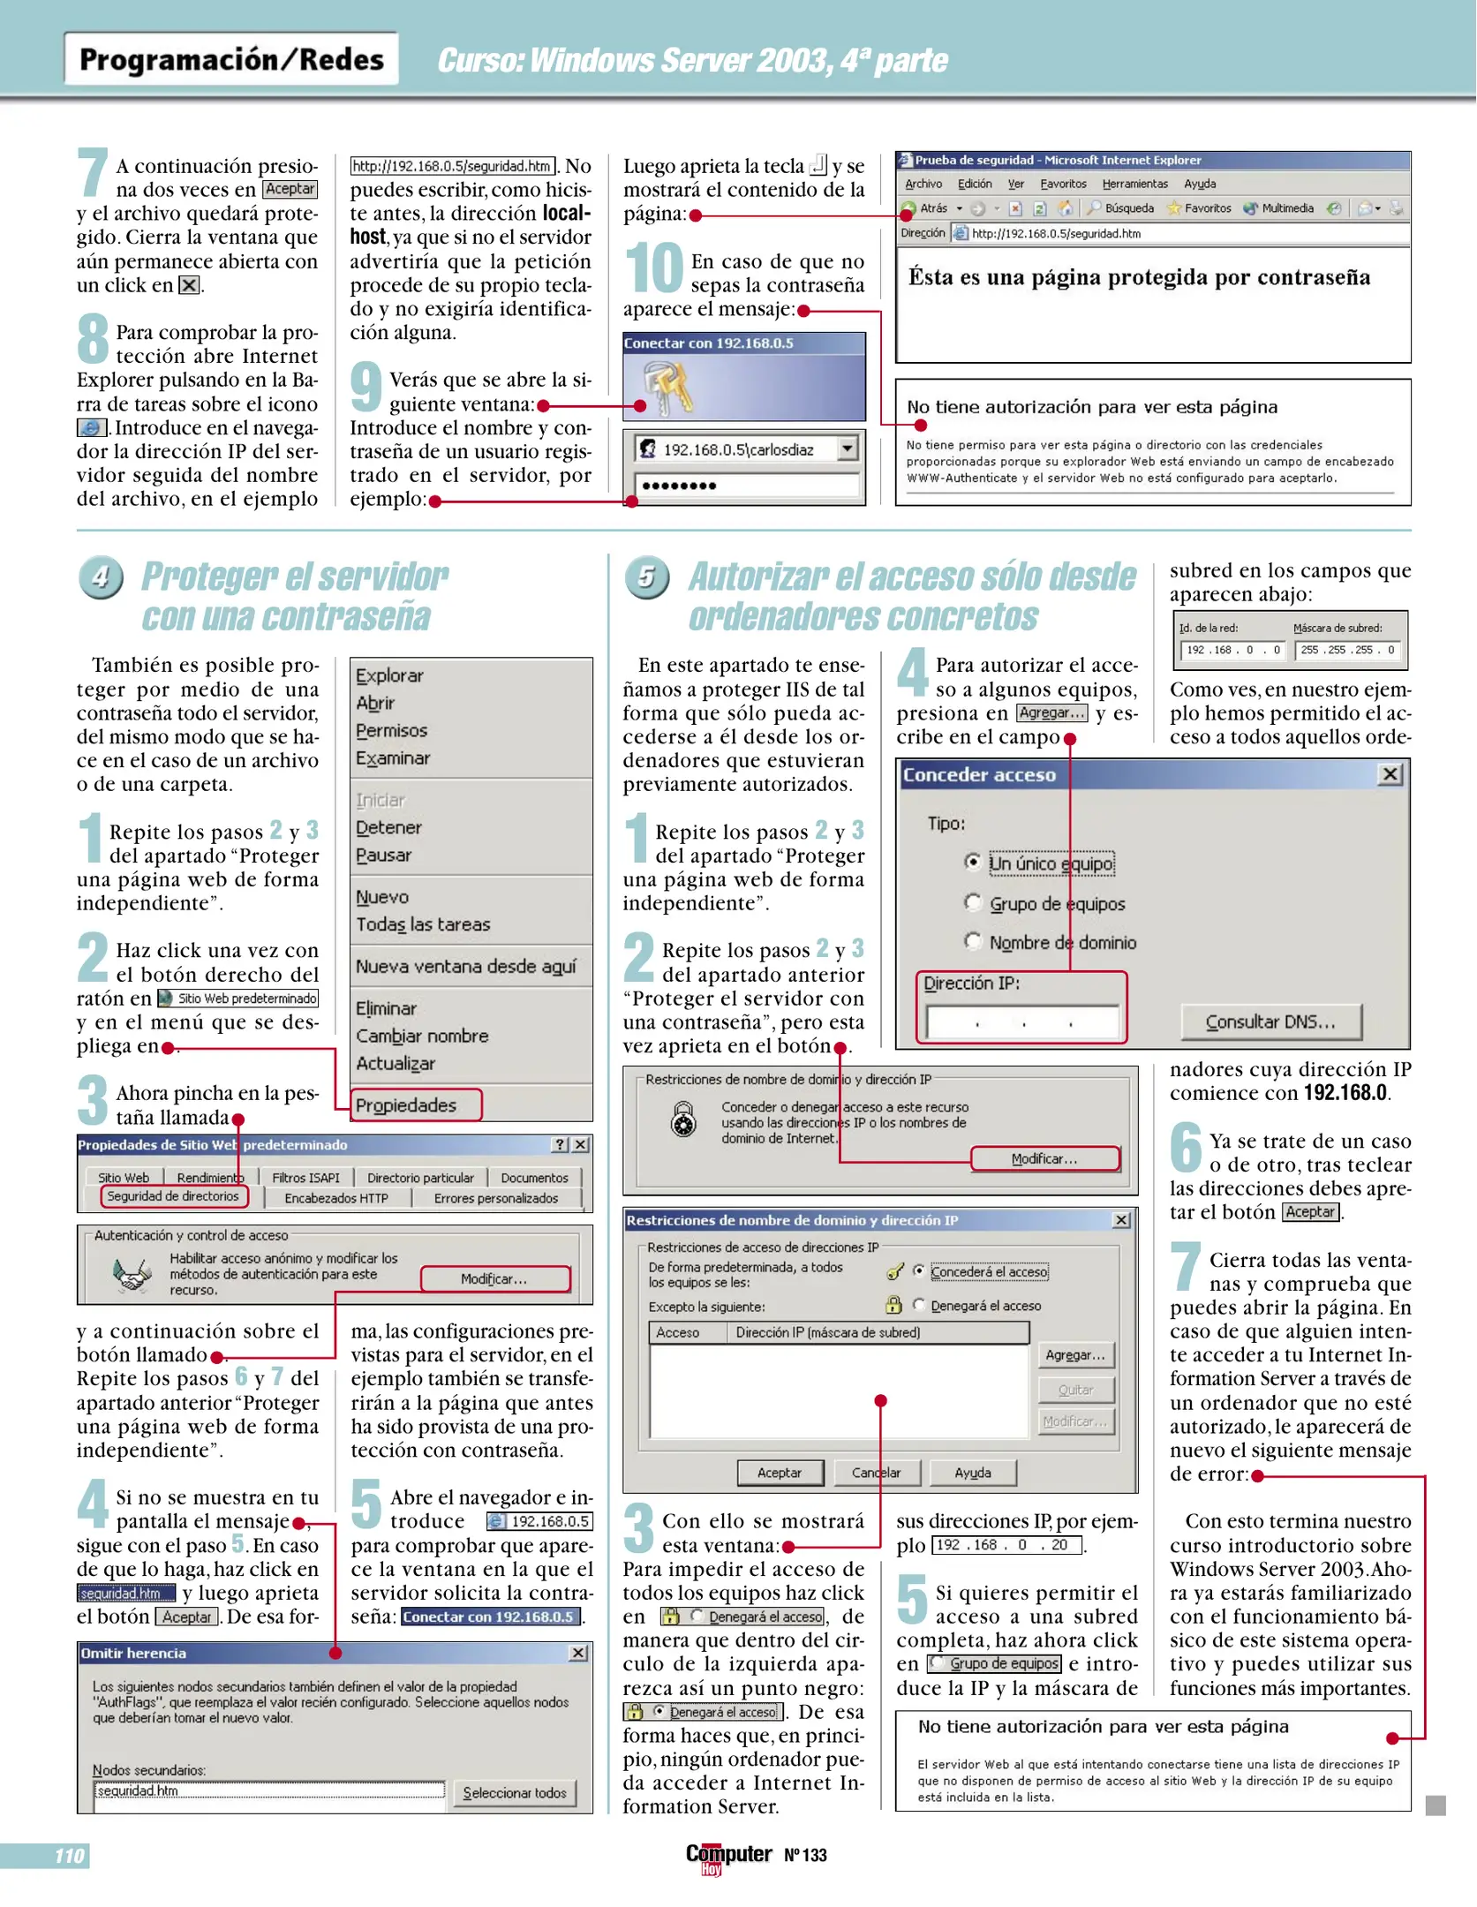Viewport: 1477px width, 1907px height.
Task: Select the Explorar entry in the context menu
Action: coord(389,675)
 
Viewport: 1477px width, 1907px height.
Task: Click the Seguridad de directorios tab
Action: coord(173,1196)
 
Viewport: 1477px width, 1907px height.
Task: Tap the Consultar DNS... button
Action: coord(1270,1021)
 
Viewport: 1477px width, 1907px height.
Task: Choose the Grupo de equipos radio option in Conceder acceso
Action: coord(973,902)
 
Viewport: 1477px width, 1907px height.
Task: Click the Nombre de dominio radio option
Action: coord(973,941)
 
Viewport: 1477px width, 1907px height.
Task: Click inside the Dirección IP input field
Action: coord(1021,1022)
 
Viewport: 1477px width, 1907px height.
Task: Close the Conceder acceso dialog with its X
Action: coord(1390,774)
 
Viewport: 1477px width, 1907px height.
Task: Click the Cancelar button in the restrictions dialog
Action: coord(876,1473)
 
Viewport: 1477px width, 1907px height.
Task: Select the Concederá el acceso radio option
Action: coord(919,1271)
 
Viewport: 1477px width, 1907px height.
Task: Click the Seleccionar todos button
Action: coord(515,1793)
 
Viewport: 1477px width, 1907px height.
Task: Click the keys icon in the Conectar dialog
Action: coord(667,388)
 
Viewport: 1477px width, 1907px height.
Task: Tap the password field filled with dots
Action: coord(746,486)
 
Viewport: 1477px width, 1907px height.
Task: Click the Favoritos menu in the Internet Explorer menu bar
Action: coord(1063,184)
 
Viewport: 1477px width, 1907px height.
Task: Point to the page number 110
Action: coord(69,1856)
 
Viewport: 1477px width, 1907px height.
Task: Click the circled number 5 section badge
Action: coord(647,577)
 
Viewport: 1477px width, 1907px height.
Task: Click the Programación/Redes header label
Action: coord(231,59)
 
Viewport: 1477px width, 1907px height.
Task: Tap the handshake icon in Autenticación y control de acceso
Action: coord(132,1274)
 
